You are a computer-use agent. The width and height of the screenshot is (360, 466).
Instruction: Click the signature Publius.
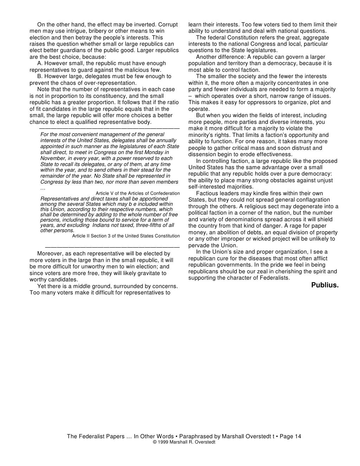click(325, 285)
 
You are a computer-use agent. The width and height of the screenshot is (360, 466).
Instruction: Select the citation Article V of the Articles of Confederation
click(137, 193)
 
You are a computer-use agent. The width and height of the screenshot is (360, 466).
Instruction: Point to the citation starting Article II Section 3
click(126, 236)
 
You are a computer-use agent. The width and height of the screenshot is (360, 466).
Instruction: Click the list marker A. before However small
click(40, 63)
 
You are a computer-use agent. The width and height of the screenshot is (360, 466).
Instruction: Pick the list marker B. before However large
click(40, 76)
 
